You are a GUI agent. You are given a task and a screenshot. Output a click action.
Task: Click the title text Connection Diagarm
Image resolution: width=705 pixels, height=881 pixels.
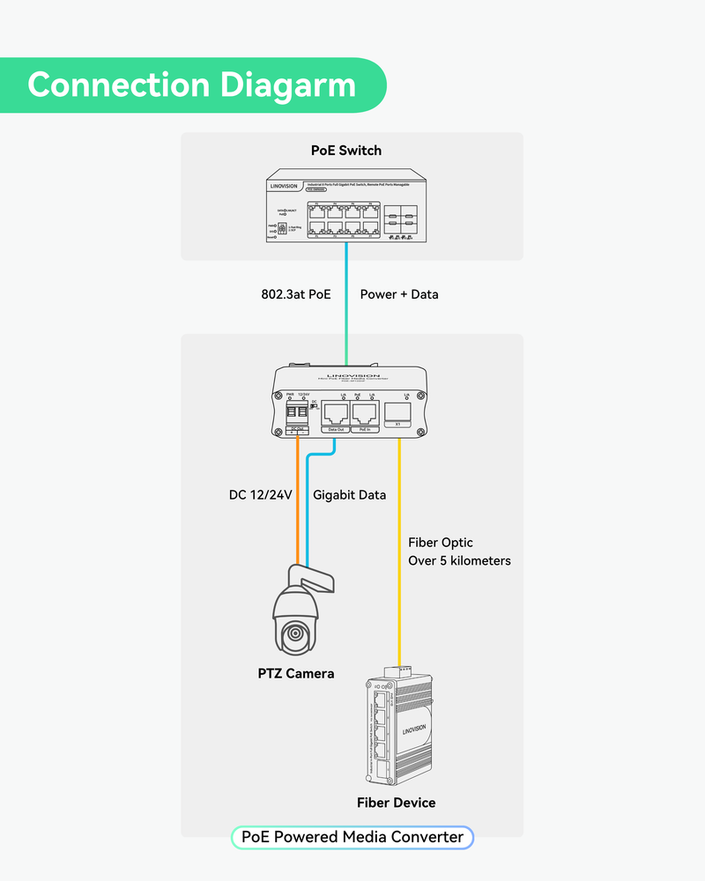[191, 85]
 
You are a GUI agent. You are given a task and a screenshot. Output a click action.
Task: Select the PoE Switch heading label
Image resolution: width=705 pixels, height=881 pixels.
[346, 150]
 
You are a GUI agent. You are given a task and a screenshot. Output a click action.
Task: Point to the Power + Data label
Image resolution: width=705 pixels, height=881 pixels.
[399, 294]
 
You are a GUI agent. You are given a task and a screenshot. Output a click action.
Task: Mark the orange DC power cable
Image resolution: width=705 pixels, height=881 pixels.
[298, 502]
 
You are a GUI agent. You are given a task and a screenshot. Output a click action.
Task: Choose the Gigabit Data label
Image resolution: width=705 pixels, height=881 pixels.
[350, 495]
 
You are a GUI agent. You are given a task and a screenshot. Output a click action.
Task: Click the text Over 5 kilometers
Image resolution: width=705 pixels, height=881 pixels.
[459, 560]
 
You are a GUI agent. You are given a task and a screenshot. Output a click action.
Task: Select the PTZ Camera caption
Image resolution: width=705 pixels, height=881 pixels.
[296, 674]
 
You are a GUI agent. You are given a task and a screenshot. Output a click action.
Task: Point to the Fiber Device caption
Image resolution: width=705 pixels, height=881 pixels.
[396, 803]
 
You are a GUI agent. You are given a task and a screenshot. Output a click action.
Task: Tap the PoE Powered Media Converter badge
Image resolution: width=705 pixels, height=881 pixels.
[352, 837]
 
